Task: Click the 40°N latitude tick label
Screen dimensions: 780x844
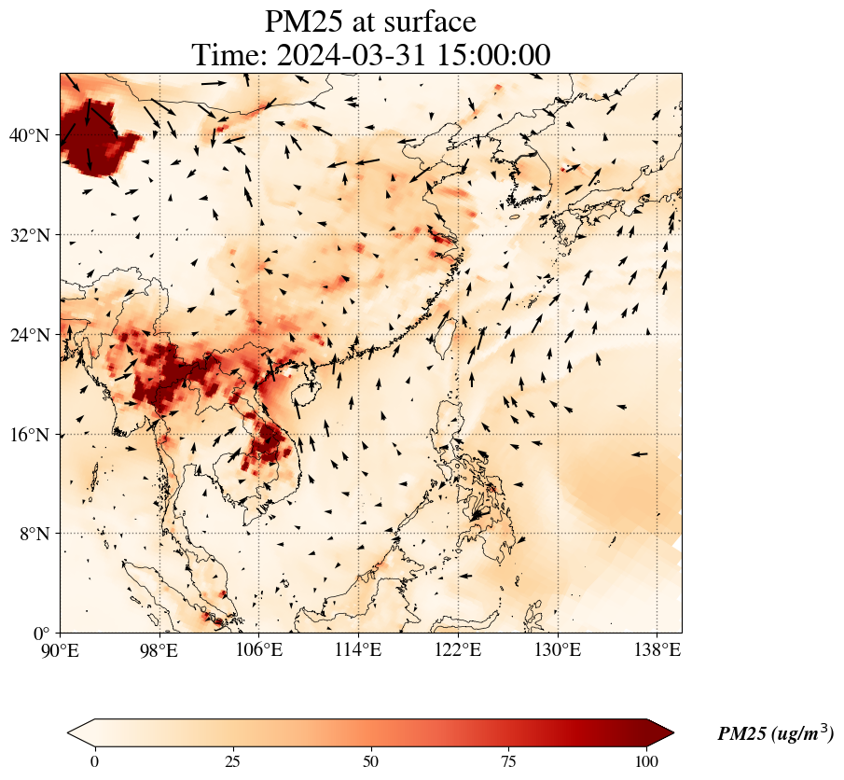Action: click(29, 136)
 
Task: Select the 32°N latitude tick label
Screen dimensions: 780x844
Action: click(29, 235)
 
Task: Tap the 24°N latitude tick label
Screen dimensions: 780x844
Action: click(29, 335)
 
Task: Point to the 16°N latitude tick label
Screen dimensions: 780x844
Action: click(29, 435)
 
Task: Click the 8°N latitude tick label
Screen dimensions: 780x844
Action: click(34, 534)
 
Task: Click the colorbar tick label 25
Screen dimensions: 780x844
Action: click(232, 761)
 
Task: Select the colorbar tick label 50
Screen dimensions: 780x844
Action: click(371, 761)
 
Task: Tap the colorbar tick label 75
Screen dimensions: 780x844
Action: click(509, 761)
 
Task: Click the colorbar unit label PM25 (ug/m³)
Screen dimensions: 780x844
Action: click(775, 734)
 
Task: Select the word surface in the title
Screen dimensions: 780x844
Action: click(425, 21)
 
